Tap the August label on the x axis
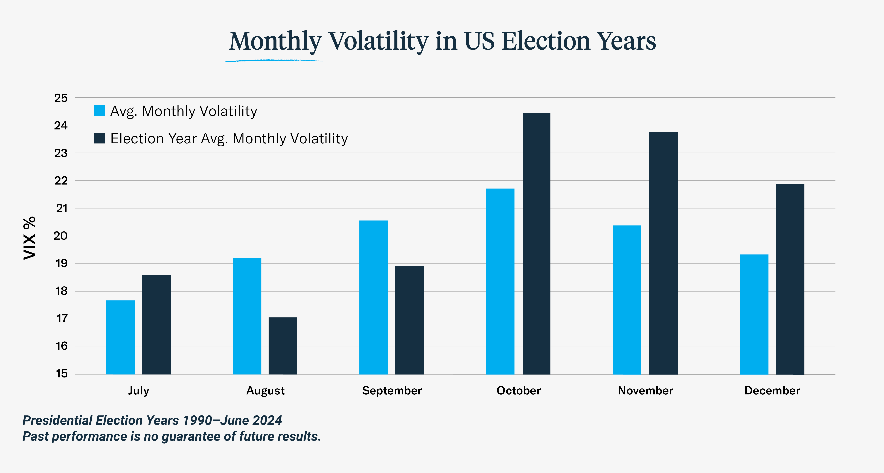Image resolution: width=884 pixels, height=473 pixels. click(265, 391)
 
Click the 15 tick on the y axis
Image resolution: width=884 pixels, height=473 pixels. click(62, 374)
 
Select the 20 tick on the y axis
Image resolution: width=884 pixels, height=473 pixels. click(61, 236)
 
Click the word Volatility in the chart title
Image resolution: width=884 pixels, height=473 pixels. click(379, 41)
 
